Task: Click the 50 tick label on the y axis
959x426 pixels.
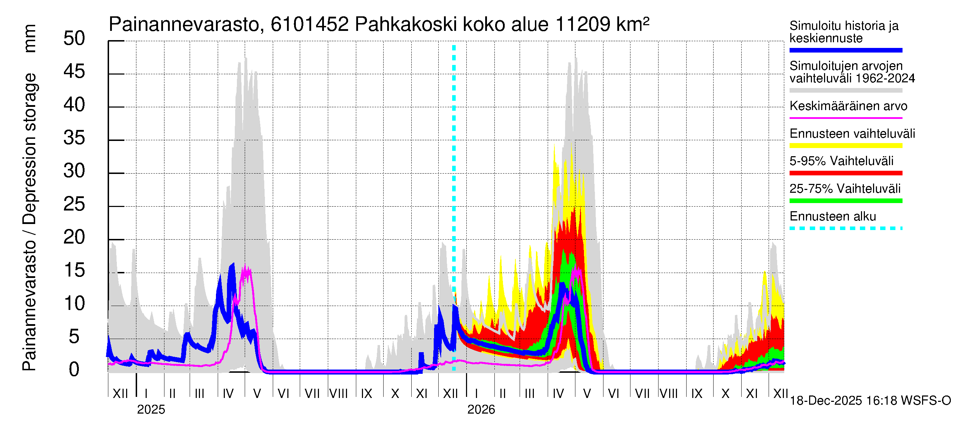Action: point(74,39)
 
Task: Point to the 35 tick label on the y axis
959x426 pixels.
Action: point(74,138)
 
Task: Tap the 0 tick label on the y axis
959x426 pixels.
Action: point(74,370)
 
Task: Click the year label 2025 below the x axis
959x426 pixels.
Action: point(151,410)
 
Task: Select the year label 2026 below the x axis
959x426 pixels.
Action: point(481,410)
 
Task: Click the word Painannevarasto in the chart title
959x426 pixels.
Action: point(184,25)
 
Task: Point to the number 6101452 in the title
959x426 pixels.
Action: point(309,25)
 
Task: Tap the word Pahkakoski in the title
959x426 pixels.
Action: point(406,25)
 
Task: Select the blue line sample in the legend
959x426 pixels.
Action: point(846,50)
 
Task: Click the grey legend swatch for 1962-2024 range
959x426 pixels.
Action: point(846,91)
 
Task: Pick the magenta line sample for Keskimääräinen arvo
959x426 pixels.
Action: point(846,118)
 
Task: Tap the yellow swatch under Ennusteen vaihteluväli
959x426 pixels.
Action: point(846,146)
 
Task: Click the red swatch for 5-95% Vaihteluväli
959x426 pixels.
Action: point(846,173)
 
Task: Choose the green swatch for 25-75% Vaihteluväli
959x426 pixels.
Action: point(846,201)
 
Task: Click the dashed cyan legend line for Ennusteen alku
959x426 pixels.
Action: point(846,228)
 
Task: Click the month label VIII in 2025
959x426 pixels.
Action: point(338,394)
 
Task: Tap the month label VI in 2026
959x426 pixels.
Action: point(613,394)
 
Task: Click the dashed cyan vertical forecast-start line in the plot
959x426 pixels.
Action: point(454,186)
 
